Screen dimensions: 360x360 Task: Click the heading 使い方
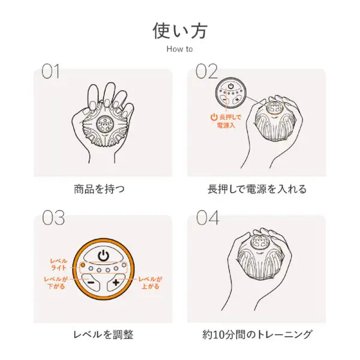click(180, 31)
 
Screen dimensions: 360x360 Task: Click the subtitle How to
click(179, 49)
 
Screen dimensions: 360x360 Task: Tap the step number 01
click(50, 71)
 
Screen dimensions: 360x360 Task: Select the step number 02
click(206, 71)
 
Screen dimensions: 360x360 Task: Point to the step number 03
click(53, 218)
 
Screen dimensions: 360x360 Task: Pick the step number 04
click(208, 218)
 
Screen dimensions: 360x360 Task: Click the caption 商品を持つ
click(99, 190)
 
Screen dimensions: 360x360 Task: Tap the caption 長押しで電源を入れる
click(257, 190)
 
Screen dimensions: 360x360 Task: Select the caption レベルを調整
click(103, 335)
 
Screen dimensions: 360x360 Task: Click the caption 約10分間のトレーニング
click(257, 335)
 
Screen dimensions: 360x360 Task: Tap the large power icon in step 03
click(103, 255)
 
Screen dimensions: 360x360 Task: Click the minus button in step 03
click(91, 282)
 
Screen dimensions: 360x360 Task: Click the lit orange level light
click(83, 265)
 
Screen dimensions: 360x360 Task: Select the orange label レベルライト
click(59, 264)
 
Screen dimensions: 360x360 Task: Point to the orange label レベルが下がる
click(56, 283)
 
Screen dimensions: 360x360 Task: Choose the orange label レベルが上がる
click(150, 283)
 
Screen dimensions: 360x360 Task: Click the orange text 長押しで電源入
click(226, 121)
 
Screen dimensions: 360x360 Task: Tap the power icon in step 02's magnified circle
click(231, 86)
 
